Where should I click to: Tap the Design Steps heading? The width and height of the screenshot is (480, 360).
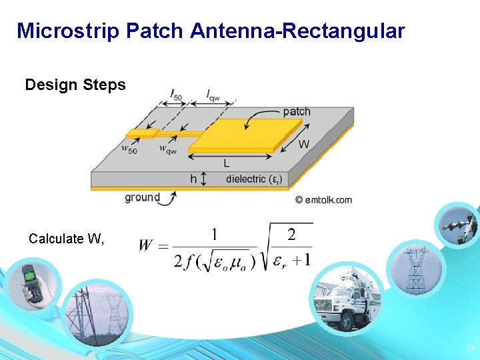[75, 85]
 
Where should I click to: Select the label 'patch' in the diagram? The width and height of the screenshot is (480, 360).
[297, 111]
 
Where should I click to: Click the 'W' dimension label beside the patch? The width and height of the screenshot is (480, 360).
[303, 143]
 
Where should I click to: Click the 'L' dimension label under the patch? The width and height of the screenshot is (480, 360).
[227, 163]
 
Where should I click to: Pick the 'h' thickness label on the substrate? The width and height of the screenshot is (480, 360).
[193, 179]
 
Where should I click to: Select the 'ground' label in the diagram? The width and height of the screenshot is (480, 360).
[142, 197]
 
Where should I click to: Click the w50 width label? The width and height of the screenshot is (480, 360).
[129, 149]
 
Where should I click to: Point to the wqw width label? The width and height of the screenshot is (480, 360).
[168, 149]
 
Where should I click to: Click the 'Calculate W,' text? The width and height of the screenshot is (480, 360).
[67, 239]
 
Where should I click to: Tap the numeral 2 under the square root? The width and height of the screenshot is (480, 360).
[291, 235]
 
